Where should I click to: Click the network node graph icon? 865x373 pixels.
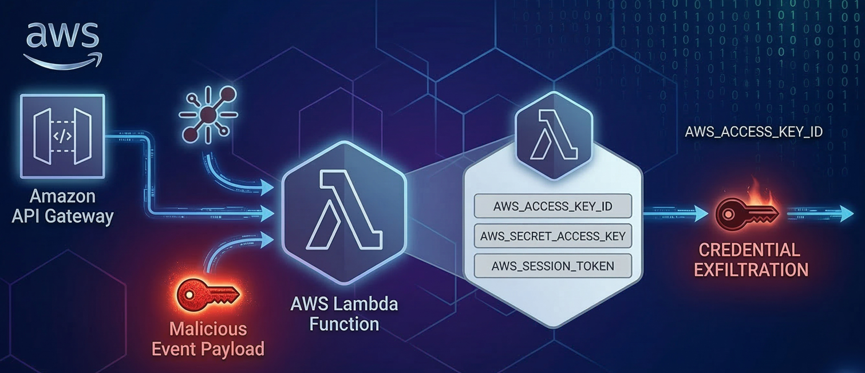click(208, 114)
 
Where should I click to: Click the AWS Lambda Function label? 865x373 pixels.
click(343, 314)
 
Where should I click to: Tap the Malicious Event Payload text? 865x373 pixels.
click(208, 339)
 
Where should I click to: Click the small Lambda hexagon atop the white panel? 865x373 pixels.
click(552, 134)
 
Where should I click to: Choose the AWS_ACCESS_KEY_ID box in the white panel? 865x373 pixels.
click(552, 207)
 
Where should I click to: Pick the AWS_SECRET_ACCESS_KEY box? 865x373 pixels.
click(552, 236)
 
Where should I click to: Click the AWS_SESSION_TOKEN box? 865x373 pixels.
click(552, 266)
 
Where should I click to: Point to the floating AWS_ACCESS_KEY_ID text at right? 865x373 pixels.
click(753, 132)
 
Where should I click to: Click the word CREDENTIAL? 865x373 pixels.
click(750, 250)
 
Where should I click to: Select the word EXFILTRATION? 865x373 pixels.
click(751, 269)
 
